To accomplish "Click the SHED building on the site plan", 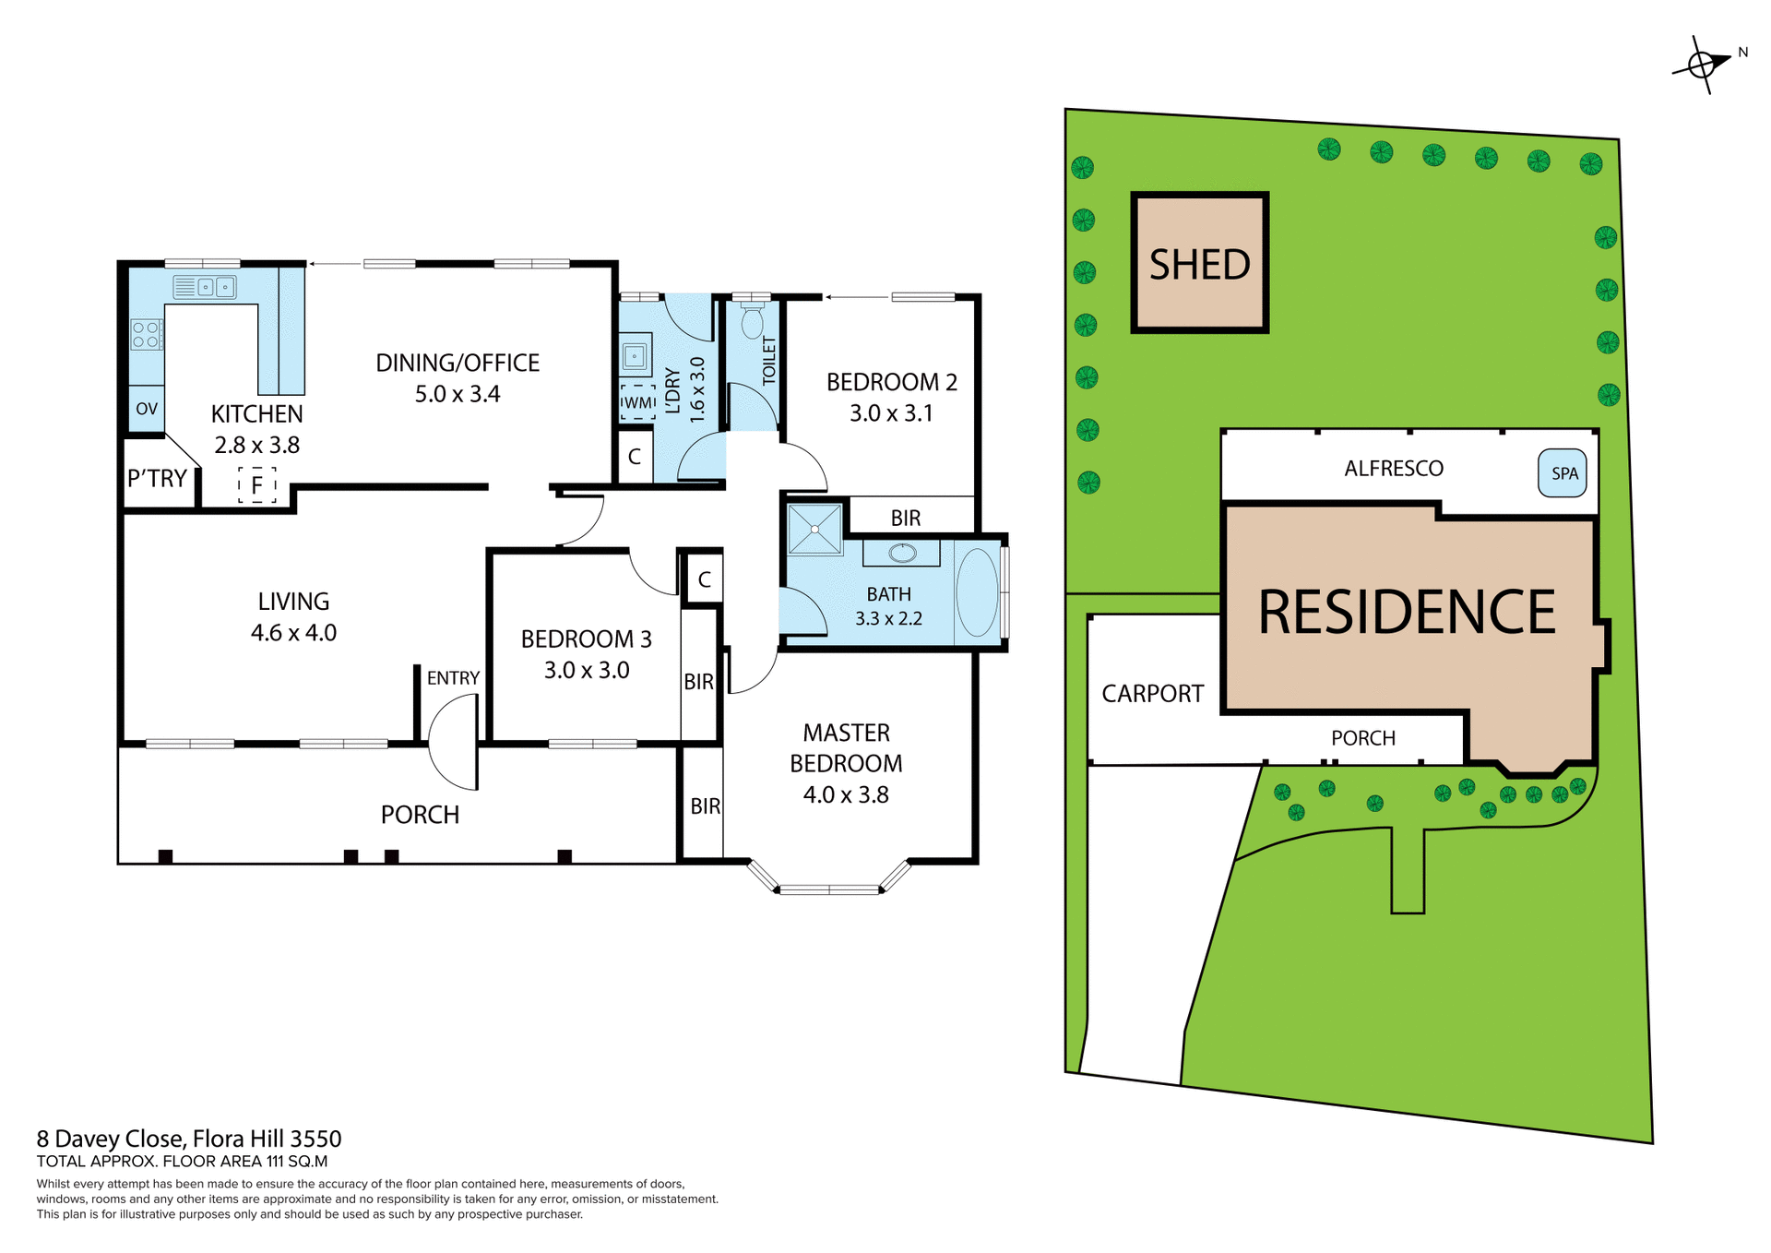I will (1199, 263).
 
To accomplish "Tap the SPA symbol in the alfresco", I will (1563, 473).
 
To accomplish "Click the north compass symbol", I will (1703, 65).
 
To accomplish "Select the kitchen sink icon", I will (205, 287).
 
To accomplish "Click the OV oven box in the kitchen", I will (147, 409).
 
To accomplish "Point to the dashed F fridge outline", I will (257, 484).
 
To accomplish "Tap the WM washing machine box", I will (637, 403).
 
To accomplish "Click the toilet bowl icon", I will (753, 322).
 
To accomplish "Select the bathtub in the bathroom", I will (977, 593).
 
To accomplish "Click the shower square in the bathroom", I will (815, 529).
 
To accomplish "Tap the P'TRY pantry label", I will (158, 479).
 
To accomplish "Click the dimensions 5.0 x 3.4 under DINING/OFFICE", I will (457, 394).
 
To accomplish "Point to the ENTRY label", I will (453, 678).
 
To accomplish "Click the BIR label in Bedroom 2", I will (905, 519).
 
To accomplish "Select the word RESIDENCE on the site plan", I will (1406, 612).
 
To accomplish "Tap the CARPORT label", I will (1152, 693).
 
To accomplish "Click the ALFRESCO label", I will (1393, 469).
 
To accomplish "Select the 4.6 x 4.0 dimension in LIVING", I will (293, 633).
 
